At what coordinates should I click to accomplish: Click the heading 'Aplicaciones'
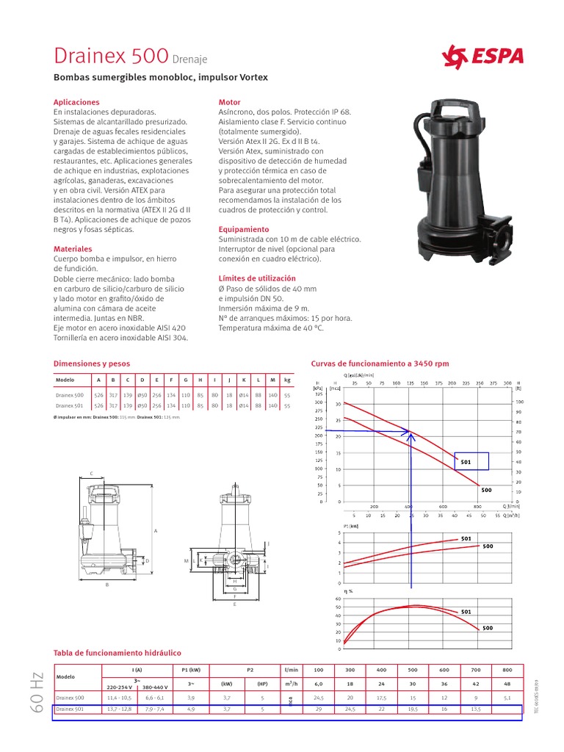[x=76, y=102]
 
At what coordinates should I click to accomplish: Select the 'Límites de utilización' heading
[x=257, y=278]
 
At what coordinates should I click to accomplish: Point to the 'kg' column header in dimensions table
[x=287, y=380]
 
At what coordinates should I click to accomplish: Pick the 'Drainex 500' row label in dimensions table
[x=70, y=395]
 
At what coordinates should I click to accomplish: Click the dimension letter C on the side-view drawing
[x=91, y=474]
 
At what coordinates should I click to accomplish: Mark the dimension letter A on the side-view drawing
[x=156, y=530]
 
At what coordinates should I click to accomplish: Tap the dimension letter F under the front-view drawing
[x=234, y=596]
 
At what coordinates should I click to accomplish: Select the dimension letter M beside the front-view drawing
[x=187, y=561]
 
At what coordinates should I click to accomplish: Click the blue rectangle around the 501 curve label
[x=481, y=460]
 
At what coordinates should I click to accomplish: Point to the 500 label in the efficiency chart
[x=488, y=628]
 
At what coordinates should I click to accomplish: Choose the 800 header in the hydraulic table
[x=507, y=670]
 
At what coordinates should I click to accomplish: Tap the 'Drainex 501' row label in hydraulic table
[x=70, y=709]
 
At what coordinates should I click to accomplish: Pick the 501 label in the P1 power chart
[x=466, y=539]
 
